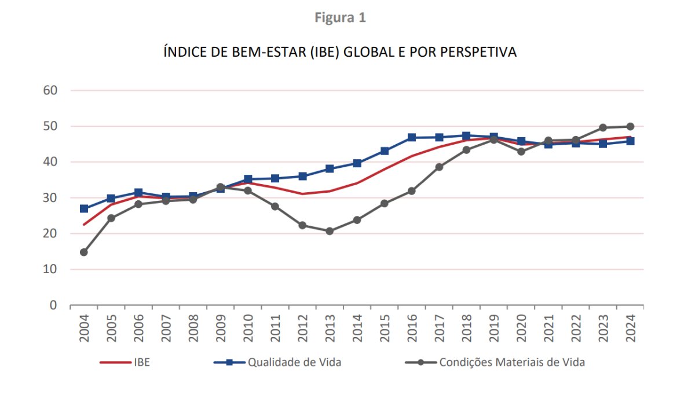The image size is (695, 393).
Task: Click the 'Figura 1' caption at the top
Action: click(340, 18)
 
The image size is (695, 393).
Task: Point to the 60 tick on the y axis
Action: click(50, 90)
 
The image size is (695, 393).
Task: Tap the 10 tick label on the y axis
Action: click(50, 269)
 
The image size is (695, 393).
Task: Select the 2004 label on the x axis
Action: click(85, 328)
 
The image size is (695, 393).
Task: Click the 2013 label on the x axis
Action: click(330, 328)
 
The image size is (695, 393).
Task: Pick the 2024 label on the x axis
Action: click(631, 328)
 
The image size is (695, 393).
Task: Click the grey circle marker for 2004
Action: click(84, 252)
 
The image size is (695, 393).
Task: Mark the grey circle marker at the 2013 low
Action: click(330, 231)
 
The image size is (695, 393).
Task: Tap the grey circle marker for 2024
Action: click(630, 126)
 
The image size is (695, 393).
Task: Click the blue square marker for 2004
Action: click(84, 208)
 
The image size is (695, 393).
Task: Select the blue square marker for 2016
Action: click(412, 137)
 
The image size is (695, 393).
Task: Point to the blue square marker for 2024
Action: click(630, 141)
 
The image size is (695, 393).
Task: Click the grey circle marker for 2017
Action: click(439, 167)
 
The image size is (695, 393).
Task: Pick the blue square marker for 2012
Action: click(302, 176)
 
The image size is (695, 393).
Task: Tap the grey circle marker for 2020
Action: click(521, 152)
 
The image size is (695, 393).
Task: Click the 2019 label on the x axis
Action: click(494, 328)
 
